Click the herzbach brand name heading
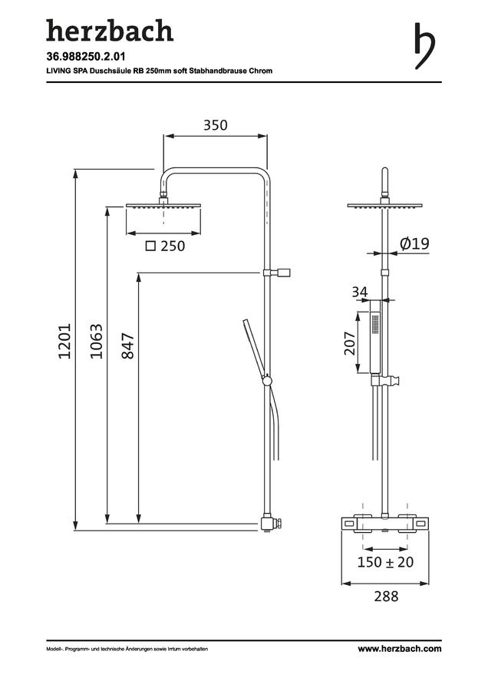110,31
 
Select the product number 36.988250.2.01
86,56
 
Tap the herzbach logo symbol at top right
424,46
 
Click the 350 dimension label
216,125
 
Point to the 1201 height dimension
64,341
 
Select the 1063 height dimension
97,341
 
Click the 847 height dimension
127,346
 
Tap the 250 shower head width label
173,246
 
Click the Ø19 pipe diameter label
414,243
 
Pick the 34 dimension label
360,292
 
